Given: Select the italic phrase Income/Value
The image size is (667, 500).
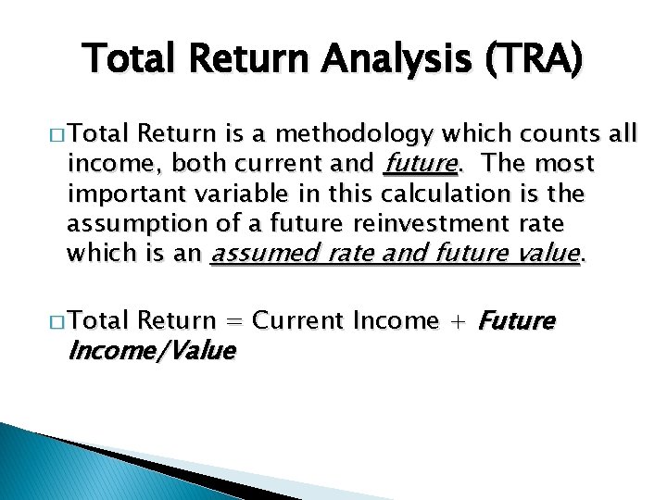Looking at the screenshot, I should [151, 351].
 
